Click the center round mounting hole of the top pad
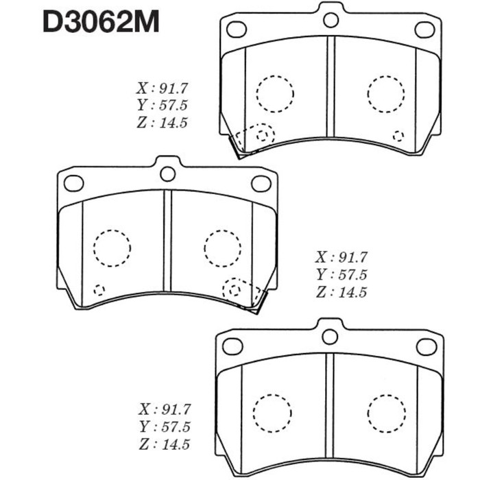click(x=331, y=19)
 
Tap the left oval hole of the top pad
click(x=236, y=29)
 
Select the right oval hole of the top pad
click(x=424, y=29)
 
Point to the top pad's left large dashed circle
click(x=274, y=93)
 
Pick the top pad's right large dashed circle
click(x=386, y=92)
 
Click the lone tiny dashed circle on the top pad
click(x=398, y=135)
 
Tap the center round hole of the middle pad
click(x=167, y=173)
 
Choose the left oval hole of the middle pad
click(x=73, y=183)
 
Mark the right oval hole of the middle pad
click(x=261, y=183)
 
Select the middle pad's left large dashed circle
click(x=111, y=248)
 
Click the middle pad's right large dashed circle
click(x=222, y=247)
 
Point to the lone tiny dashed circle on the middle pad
click(x=99, y=289)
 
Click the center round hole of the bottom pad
click(x=330, y=336)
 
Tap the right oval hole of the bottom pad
click(x=424, y=346)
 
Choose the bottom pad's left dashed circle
click(x=273, y=411)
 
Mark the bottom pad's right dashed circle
click(x=385, y=411)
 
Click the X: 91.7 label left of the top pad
click(x=163, y=88)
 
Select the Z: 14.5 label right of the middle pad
click(x=341, y=292)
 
